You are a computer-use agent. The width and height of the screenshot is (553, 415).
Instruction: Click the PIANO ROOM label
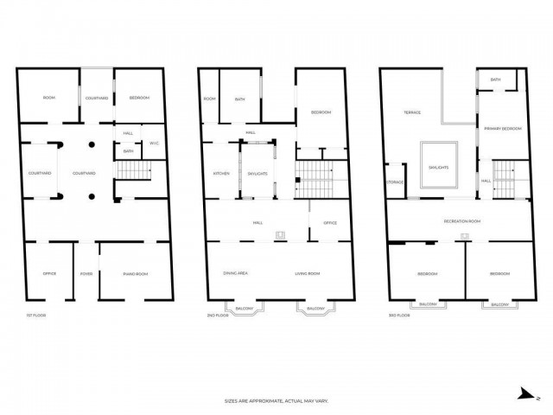coord(136,274)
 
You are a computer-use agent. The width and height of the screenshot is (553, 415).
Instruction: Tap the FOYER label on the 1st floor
coord(86,274)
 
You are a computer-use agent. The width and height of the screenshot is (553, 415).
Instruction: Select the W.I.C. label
coord(153,143)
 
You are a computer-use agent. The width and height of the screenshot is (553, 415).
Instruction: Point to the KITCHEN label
coord(221,174)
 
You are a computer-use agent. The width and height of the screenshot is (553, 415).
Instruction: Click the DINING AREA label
coord(236,273)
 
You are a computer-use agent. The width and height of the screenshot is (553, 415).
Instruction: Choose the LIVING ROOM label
coord(308,273)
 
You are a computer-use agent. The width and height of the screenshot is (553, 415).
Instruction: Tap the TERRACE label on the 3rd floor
coord(412,112)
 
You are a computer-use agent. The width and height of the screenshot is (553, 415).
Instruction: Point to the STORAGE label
coord(396,182)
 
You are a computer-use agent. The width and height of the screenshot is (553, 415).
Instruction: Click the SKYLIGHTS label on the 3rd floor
coord(438,167)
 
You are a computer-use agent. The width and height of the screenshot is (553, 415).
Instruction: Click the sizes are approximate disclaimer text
coord(276,401)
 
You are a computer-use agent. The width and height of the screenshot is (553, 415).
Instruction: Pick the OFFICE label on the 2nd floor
coord(330,223)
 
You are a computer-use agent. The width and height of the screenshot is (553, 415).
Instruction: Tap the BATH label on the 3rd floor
coord(495,80)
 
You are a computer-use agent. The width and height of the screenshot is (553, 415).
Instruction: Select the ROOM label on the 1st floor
coord(49,98)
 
